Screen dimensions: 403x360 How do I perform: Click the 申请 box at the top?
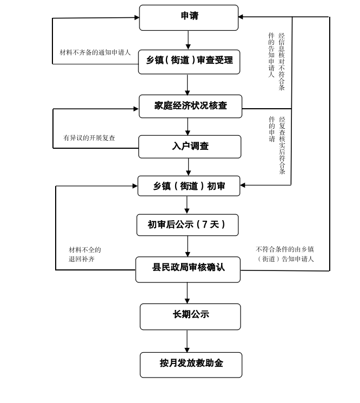click(189, 17)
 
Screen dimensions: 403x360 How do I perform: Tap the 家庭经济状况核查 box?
click(190, 106)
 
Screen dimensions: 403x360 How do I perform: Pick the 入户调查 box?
click(190, 147)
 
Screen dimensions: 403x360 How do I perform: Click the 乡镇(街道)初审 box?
click(189, 186)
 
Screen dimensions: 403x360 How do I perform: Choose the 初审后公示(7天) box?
click(187, 224)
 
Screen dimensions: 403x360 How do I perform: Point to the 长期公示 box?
click(190, 316)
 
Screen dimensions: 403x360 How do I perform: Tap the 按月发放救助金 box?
click(191, 364)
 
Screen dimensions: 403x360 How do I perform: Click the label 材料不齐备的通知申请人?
click(95, 52)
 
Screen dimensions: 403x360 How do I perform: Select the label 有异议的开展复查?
click(89, 138)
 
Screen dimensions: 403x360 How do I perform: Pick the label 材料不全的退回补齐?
click(84, 254)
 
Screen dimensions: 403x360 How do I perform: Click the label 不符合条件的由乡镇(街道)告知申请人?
click(285, 254)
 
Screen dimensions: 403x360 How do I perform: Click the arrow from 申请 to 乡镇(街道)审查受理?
click(188, 40)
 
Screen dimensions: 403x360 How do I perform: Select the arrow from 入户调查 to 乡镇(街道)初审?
click(188, 167)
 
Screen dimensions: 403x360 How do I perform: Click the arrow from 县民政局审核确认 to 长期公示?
click(187, 293)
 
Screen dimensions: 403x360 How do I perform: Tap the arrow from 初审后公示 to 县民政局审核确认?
click(188, 246)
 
